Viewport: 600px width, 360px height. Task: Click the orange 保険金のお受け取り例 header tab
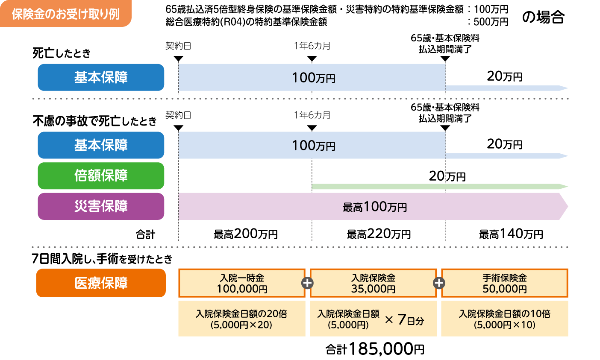pos(65,14)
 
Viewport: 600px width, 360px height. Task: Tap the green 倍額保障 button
pos(101,176)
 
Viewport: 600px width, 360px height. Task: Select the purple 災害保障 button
pos(101,206)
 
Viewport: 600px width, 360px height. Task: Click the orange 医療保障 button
pos(101,283)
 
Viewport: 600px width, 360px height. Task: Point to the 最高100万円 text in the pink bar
pos(375,207)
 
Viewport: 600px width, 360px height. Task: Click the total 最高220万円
pos(379,234)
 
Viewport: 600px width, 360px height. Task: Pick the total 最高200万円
pos(246,234)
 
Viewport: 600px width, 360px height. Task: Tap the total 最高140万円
pos(511,234)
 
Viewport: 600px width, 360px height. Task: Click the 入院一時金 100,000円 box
pos(242,283)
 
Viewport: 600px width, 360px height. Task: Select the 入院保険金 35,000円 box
pos(373,283)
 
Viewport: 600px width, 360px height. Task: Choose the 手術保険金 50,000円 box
pos(505,283)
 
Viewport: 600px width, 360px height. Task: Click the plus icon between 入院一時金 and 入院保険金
pos(308,283)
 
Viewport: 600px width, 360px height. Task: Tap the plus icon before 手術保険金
pos(439,283)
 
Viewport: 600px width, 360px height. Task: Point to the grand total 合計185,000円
pos(375,349)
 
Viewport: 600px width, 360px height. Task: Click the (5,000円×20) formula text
pos(241,325)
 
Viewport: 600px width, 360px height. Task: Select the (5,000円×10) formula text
pos(505,325)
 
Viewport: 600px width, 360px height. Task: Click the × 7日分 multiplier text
pos(404,320)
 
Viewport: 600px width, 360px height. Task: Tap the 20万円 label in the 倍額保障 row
pos(447,176)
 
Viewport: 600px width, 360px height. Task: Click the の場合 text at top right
pos(544,17)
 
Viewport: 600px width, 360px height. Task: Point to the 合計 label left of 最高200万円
pos(145,234)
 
